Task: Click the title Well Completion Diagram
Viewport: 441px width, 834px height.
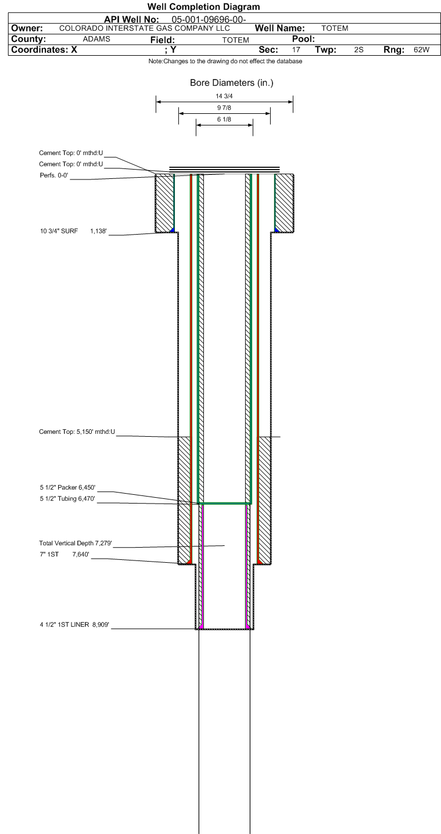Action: tap(203, 7)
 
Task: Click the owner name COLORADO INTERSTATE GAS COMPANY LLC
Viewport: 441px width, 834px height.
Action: tap(145, 28)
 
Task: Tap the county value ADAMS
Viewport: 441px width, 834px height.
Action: tap(97, 39)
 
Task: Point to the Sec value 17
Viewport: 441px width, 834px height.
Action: tap(296, 50)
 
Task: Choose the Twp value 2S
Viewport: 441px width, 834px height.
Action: tap(358, 50)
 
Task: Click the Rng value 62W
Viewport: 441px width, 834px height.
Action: tap(421, 50)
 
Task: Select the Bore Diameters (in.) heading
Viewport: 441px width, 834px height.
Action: tap(231, 83)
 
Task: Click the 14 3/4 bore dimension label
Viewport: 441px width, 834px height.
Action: tap(224, 96)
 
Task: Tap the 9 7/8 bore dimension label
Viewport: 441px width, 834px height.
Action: tap(224, 108)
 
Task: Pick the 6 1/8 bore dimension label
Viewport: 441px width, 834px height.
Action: tap(224, 119)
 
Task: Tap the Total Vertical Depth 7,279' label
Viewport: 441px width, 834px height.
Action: tap(75, 543)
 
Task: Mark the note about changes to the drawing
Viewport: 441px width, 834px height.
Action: tap(225, 62)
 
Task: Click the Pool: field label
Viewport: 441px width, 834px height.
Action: tap(303, 39)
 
